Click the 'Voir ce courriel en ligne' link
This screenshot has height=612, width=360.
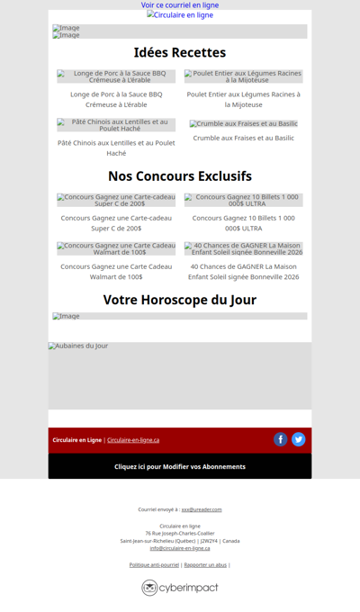click(x=180, y=5)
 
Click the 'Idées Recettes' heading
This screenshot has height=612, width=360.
click(x=180, y=52)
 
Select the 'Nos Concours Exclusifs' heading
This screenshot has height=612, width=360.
click(x=180, y=176)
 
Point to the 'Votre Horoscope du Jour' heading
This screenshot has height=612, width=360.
click(x=180, y=300)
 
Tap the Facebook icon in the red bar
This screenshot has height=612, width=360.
click(x=281, y=439)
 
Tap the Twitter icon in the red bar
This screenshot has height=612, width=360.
click(x=299, y=439)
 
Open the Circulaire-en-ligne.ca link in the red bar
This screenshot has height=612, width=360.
click(x=133, y=440)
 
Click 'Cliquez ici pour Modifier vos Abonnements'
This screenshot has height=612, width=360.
click(x=180, y=466)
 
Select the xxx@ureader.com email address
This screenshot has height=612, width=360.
click(x=202, y=509)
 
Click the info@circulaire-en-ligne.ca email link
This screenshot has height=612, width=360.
click(x=180, y=548)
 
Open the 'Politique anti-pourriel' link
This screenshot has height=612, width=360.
click(x=154, y=564)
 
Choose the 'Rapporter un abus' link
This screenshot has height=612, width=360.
click(x=205, y=564)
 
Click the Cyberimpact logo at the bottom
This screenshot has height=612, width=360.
click(x=180, y=588)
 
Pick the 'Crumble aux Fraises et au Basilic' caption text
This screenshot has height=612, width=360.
click(x=243, y=138)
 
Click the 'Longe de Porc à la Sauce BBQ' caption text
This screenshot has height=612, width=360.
click(x=116, y=99)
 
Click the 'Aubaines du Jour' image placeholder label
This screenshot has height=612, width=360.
click(x=79, y=346)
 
